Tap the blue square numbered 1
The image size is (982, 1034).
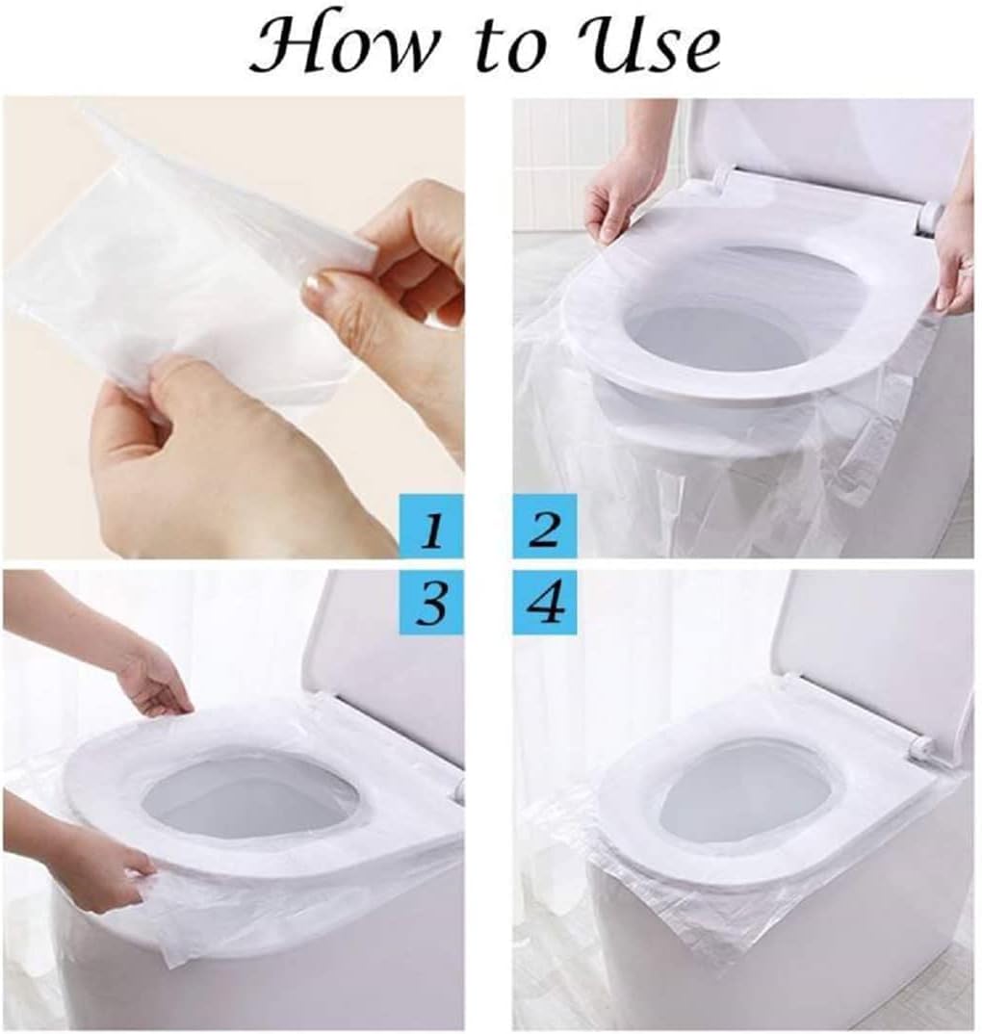tap(431, 526)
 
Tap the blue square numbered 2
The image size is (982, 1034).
tap(545, 526)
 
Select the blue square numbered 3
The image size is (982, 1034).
tap(431, 603)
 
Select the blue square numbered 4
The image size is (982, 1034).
tap(545, 603)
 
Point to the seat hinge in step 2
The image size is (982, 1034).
tap(929, 218)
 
